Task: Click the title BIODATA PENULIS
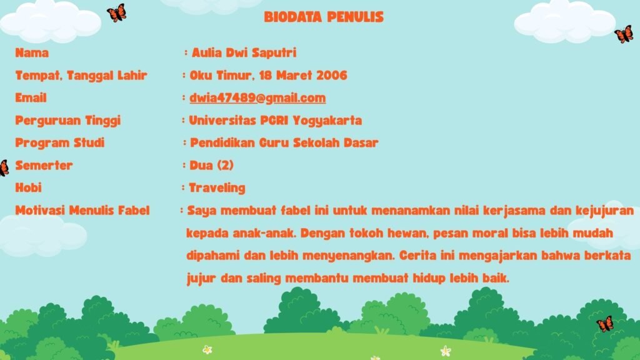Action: (x=324, y=17)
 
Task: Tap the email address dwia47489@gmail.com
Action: (x=257, y=98)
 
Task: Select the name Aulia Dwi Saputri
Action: (x=244, y=52)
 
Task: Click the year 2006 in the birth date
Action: (x=332, y=75)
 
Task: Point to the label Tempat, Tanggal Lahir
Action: (x=81, y=76)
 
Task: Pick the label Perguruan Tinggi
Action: (x=67, y=121)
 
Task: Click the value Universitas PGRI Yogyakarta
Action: (x=276, y=121)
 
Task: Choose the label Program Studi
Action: (x=60, y=143)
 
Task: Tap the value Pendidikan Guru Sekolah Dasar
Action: (x=284, y=143)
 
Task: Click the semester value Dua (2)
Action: (x=211, y=165)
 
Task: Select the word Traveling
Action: (x=217, y=188)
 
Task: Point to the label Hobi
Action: (x=29, y=187)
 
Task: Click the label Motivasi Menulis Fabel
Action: (x=82, y=211)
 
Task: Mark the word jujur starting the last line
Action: (x=201, y=279)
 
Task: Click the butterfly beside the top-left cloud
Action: (x=117, y=12)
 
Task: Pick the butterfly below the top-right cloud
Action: (x=624, y=34)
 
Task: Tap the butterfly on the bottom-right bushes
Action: (x=605, y=324)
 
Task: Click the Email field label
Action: (x=31, y=98)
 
